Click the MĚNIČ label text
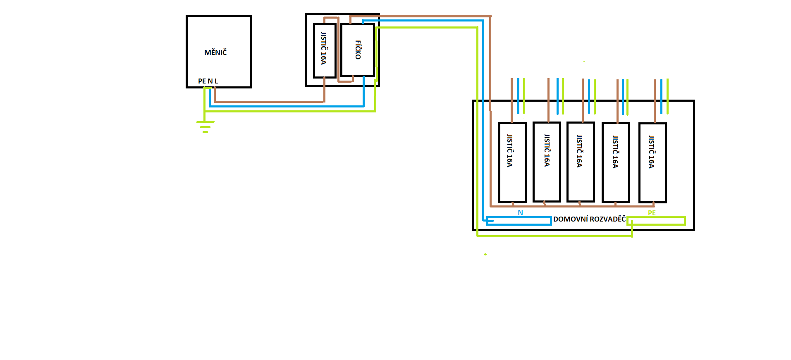215,52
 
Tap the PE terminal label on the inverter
202,81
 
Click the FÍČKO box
358,50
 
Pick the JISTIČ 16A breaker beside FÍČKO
324,50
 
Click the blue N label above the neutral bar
521,212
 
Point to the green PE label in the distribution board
652,213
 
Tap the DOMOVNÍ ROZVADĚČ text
589,219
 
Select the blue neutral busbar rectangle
519,221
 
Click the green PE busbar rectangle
656,221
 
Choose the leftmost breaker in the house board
512,162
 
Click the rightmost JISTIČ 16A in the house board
652,162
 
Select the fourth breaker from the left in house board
616,162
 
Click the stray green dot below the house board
485,254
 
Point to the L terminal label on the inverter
216,81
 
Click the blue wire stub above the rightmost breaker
661,96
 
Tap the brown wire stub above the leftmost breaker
511,99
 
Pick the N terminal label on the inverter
210,81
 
